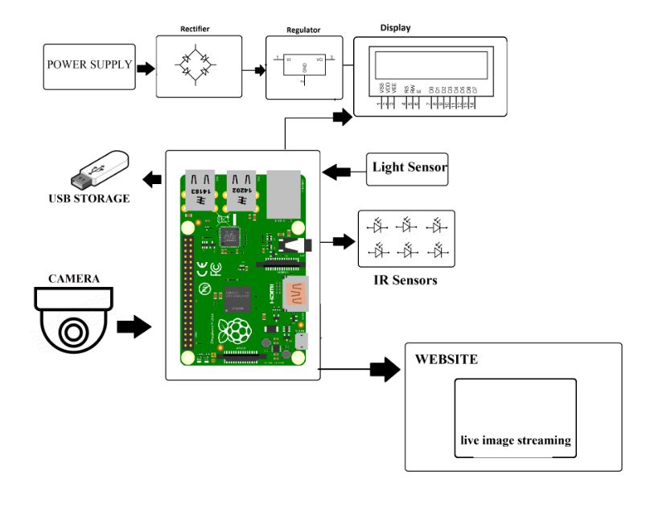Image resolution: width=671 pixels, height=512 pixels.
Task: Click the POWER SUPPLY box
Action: pos(89,67)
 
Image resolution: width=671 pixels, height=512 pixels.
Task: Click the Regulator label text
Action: pos(303,31)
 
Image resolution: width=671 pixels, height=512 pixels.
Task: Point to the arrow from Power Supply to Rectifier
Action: pos(145,69)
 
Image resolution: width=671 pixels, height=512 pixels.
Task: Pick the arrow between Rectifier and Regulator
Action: pos(259,70)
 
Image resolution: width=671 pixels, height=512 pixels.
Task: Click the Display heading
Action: pos(395,27)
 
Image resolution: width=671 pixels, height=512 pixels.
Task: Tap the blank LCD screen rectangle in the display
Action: pos(430,63)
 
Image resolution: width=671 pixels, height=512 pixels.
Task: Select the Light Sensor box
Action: pos(407,169)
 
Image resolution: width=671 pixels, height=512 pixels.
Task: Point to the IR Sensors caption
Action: pos(405,281)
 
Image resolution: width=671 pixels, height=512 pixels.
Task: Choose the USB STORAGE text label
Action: pos(89,198)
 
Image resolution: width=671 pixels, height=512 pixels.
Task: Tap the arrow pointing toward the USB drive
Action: pos(150,178)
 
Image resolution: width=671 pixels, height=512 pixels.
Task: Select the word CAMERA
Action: pos(74,279)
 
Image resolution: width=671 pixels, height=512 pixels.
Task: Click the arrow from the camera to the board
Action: pos(133,326)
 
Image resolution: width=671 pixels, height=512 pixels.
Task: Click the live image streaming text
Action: pos(515,440)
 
